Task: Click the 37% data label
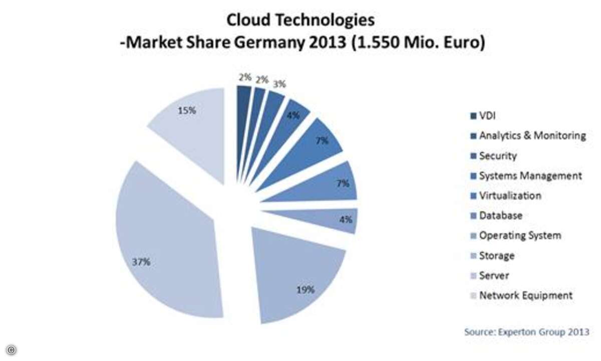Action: coord(142,262)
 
